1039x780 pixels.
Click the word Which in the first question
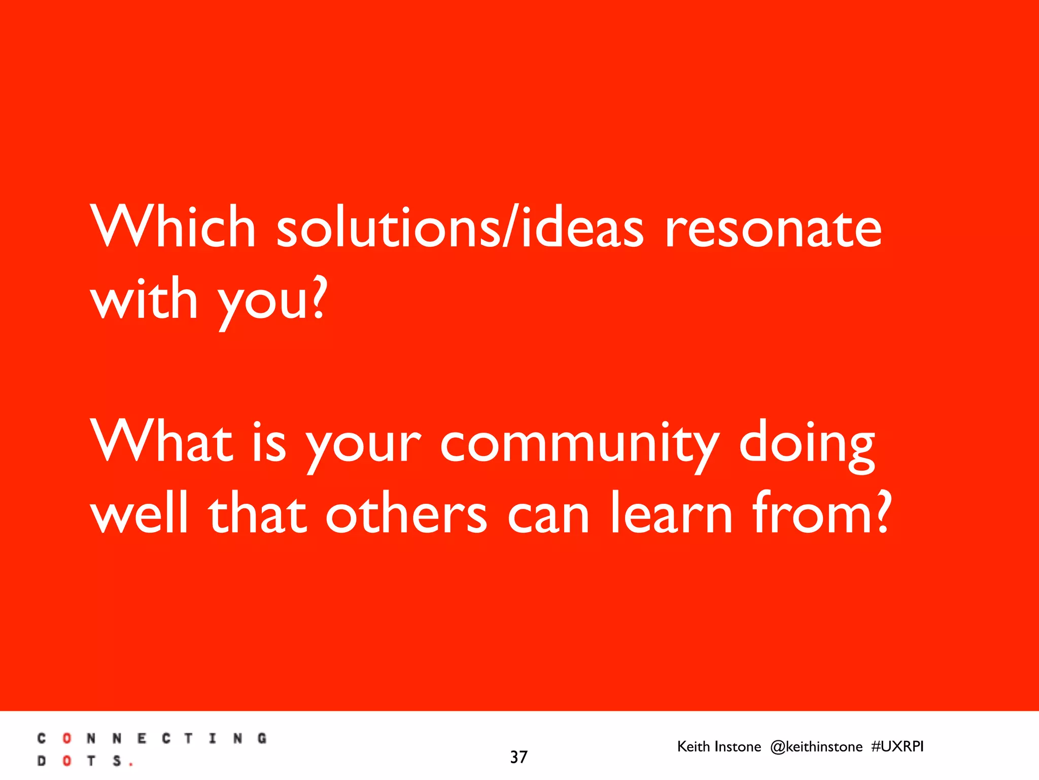[172, 226]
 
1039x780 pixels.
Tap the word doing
[807, 444]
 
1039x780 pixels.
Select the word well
[139, 513]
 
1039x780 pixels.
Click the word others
[406, 513]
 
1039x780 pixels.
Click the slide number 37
[518, 757]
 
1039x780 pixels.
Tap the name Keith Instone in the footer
[719, 746]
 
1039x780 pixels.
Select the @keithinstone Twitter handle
[816, 746]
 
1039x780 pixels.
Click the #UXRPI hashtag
[897, 746]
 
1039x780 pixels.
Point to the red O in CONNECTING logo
[66, 738]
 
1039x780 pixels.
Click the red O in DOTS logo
[66, 761]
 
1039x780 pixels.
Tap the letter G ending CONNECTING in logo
[262, 738]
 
